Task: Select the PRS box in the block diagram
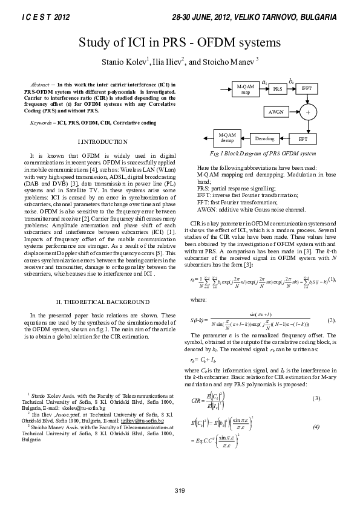(x=278, y=89)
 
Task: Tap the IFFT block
(x=307, y=89)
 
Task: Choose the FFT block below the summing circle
(x=303, y=138)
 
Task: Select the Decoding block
(x=264, y=138)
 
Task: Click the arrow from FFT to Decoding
(x=284, y=138)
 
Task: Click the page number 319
(x=180, y=489)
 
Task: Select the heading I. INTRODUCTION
(x=103, y=141)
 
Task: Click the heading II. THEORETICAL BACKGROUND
(x=103, y=301)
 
